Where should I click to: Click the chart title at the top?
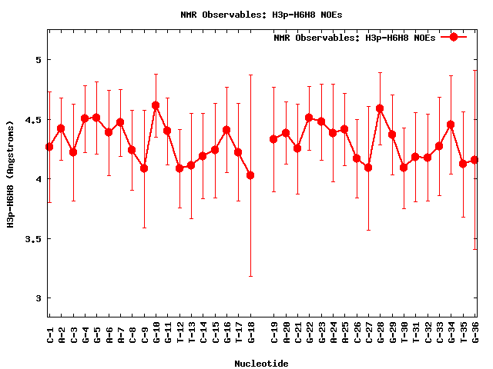(246, 14)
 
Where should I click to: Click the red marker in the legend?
(454, 37)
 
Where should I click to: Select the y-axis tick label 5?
(39, 60)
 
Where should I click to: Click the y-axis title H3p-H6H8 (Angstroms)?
(11, 173)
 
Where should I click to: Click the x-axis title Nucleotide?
(262, 364)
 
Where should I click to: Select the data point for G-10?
(156, 105)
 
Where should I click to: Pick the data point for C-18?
(250, 175)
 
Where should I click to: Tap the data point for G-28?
(380, 108)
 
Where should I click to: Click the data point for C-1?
(49, 147)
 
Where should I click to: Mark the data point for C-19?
(273, 139)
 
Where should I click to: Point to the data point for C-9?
(144, 168)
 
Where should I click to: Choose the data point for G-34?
(451, 125)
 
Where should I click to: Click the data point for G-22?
(309, 118)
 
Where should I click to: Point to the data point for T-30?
(404, 168)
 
